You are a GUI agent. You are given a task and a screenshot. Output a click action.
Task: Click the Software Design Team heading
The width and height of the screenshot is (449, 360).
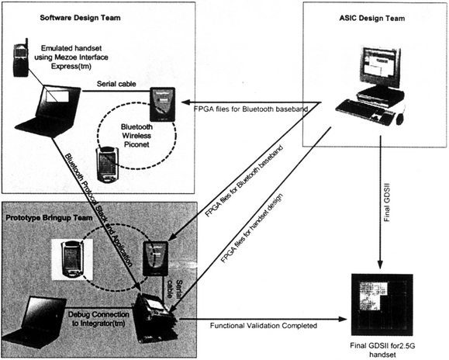point(80,18)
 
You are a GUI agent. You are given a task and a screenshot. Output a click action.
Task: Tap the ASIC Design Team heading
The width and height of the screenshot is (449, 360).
point(372,19)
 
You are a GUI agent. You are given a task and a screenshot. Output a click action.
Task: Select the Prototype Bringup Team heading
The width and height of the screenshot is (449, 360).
point(50,218)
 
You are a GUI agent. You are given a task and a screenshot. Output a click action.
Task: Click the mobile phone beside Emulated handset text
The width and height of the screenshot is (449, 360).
point(21,58)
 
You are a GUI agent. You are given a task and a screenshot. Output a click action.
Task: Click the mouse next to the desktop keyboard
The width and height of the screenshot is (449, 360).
point(399,119)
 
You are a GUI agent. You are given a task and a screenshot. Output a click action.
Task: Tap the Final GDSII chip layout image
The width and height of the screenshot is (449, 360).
point(382,305)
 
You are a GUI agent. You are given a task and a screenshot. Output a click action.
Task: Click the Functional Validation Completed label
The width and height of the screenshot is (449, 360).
point(264,326)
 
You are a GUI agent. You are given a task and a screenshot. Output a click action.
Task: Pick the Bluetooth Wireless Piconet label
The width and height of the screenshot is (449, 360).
point(136,136)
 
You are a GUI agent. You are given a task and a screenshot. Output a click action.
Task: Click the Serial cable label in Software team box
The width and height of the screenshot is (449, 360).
point(116,84)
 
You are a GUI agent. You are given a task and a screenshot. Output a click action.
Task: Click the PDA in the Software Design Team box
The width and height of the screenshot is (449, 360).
point(107,164)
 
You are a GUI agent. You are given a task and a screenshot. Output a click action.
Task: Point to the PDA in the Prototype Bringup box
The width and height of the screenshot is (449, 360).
point(72,260)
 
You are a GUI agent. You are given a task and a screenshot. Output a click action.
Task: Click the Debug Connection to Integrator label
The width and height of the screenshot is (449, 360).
point(98,319)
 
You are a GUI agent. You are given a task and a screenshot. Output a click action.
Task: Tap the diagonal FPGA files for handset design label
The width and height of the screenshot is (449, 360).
point(252,229)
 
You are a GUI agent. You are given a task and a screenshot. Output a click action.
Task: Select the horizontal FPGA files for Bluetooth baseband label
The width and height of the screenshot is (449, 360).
point(250,109)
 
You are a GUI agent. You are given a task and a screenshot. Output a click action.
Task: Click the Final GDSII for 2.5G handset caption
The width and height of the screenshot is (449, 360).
point(382,350)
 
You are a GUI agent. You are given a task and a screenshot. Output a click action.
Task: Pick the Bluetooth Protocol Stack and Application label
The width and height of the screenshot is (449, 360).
point(98,210)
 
